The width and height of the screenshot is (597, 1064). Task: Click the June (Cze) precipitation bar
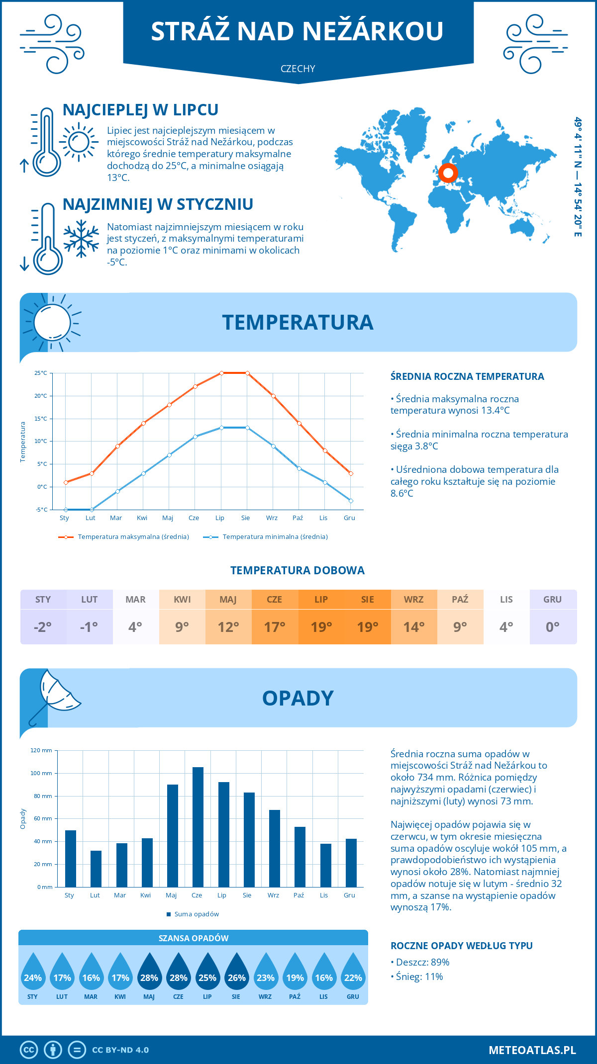[198, 827]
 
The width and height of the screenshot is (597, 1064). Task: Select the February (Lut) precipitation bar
[96, 869]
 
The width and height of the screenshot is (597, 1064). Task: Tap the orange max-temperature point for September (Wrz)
[273, 396]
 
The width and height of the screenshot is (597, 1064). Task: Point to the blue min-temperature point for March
[117, 491]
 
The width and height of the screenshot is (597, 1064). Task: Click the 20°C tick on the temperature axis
[41, 396]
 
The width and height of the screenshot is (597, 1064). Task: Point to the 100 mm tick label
[41, 773]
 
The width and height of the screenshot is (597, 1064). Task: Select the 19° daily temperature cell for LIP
[321, 627]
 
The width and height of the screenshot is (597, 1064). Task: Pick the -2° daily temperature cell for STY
[43, 627]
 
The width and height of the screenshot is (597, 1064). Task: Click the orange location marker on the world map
[448, 173]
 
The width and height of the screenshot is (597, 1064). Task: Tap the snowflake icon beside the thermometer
[81, 239]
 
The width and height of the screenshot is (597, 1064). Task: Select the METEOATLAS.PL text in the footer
[532, 1050]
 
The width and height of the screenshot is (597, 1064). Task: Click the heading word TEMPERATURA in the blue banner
[298, 322]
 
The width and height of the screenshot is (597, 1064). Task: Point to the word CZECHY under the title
[298, 69]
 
